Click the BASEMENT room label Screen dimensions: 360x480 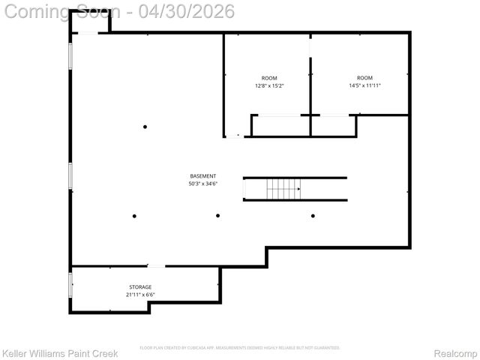pyautogui.click(x=202, y=176)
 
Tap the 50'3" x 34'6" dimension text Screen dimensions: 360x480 pyautogui.click(x=202, y=184)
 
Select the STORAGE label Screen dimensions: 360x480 pyautogui.click(x=140, y=287)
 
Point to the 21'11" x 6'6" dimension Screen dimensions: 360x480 pyautogui.click(x=140, y=295)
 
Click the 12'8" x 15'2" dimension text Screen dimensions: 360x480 pyautogui.click(x=269, y=85)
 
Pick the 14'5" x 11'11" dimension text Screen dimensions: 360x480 pyautogui.click(x=364, y=85)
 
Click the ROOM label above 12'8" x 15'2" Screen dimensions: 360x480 pyautogui.click(x=269, y=78)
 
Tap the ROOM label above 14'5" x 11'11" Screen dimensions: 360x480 pyautogui.click(x=364, y=78)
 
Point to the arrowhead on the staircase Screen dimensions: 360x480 pyautogui.click(x=299, y=189)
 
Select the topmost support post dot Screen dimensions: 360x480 pyautogui.click(x=145, y=127)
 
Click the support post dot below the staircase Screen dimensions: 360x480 pyautogui.click(x=313, y=216)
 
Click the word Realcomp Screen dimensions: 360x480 pyautogui.click(x=456, y=353)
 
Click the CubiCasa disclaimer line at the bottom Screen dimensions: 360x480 pyautogui.click(x=240, y=348)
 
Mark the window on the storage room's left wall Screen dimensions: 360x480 pyautogui.click(x=70, y=284)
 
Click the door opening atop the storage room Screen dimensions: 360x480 pyautogui.click(x=156, y=266)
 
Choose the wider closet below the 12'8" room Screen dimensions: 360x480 pyautogui.click(x=280, y=126)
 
